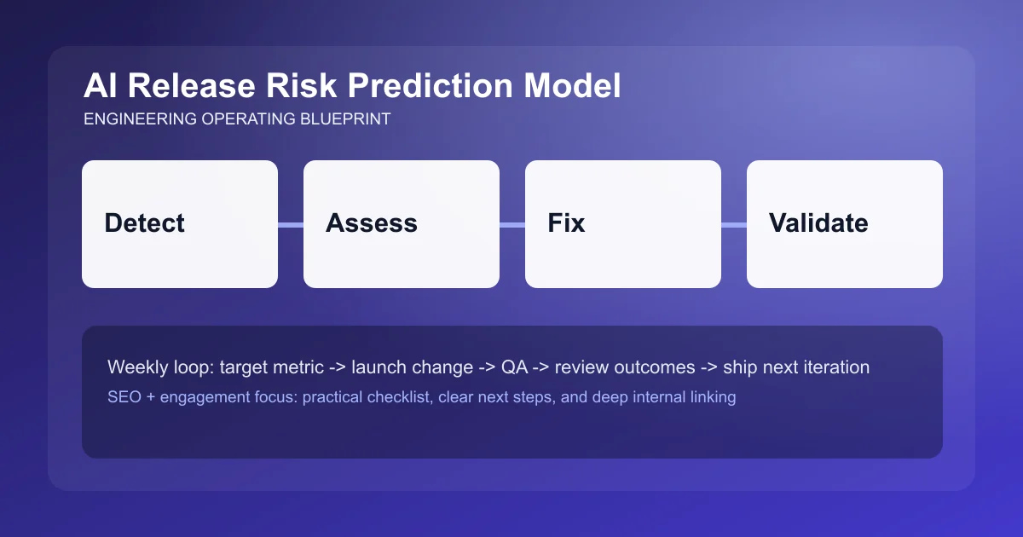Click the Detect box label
coord(144,223)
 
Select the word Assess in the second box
coord(371,223)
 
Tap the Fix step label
coord(566,223)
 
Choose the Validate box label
coord(818,223)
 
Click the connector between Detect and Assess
coord(291,224)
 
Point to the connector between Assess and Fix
coord(512,224)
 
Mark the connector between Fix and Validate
coord(734,224)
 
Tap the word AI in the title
coord(97,86)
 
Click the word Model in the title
coord(572,86)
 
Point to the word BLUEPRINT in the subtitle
coord(344,119)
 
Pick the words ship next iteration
coord(795,367)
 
